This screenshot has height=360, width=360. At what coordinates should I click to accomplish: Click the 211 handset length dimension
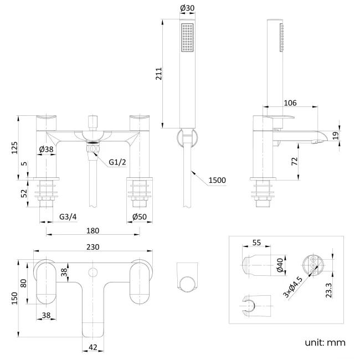[158, 75]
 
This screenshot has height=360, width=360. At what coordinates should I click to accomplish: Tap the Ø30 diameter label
[187, 8]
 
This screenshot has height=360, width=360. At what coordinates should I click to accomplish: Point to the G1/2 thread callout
[117, 162]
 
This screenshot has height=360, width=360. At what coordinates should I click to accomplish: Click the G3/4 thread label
[68, 217]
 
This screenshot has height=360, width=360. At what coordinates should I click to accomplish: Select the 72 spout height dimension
[294, 161]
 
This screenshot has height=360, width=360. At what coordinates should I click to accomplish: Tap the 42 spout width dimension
[92, 347]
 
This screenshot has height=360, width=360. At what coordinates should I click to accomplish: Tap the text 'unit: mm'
[324, 342]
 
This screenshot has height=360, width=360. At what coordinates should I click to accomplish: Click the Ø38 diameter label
[47, 149]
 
